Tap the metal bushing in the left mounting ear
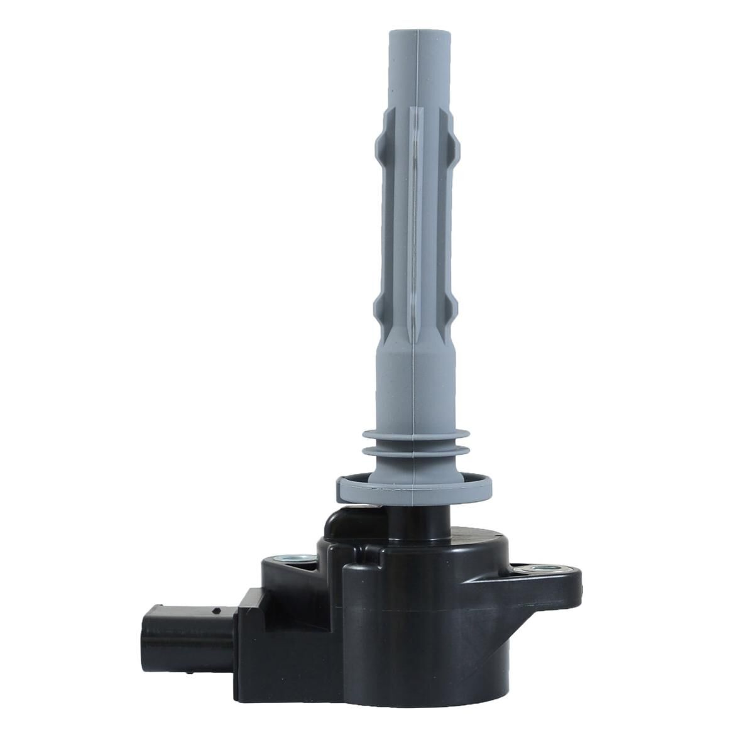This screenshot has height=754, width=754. click(292, 558)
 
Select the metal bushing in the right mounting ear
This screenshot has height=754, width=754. click(539, 569)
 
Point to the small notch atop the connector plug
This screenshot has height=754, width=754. click(216, 609)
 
